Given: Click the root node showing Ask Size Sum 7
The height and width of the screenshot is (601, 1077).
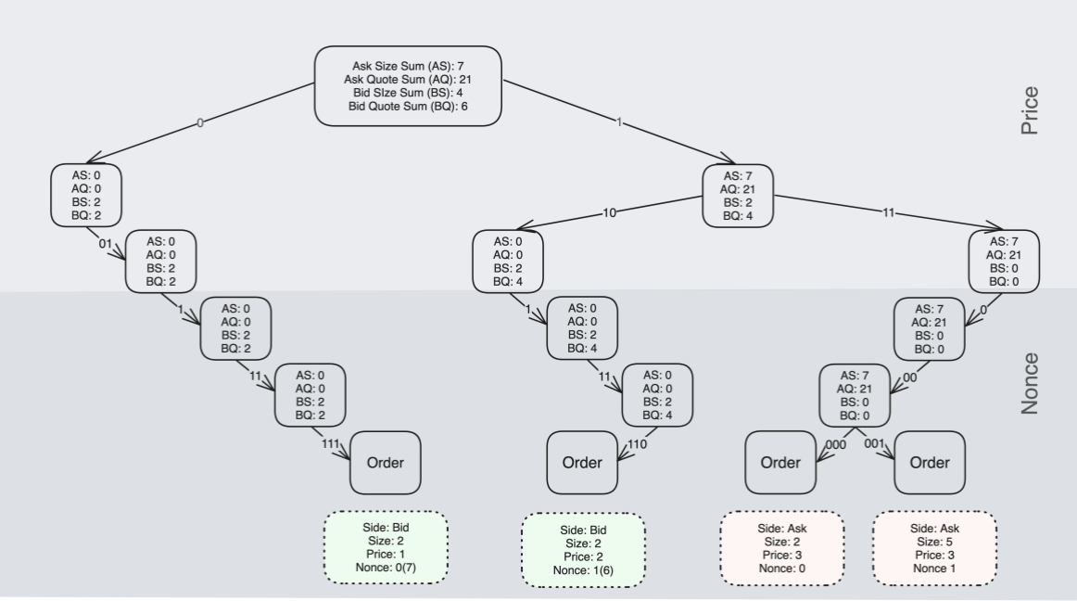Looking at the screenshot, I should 408,85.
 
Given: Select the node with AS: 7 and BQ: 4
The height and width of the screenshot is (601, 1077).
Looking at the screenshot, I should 738,196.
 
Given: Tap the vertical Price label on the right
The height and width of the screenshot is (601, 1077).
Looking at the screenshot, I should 1029,111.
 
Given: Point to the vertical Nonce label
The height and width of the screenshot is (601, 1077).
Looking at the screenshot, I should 1029,382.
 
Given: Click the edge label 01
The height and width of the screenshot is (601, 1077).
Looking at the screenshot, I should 105,244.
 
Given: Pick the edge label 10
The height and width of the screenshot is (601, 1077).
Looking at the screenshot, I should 609,212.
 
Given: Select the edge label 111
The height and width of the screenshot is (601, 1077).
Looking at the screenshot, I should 330,444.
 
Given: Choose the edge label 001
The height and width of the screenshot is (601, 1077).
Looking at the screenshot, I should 875,444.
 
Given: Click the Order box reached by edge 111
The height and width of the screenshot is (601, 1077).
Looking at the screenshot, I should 385,463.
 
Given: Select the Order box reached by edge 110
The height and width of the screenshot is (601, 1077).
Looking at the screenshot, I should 582,463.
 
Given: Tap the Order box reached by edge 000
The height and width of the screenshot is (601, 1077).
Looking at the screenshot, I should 781,463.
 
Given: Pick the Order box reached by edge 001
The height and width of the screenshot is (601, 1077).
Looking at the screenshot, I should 929,463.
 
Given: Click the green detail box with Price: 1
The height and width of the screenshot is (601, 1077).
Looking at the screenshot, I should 386,547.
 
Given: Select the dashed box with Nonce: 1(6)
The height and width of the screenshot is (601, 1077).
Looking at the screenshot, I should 583,550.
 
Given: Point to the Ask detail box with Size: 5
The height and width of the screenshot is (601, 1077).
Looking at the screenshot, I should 934,547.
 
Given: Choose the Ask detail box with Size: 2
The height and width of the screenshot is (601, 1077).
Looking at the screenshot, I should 782,547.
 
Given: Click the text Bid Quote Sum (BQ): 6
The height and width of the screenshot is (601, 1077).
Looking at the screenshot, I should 408,107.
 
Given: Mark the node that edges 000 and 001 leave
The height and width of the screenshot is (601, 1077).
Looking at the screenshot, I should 855,395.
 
